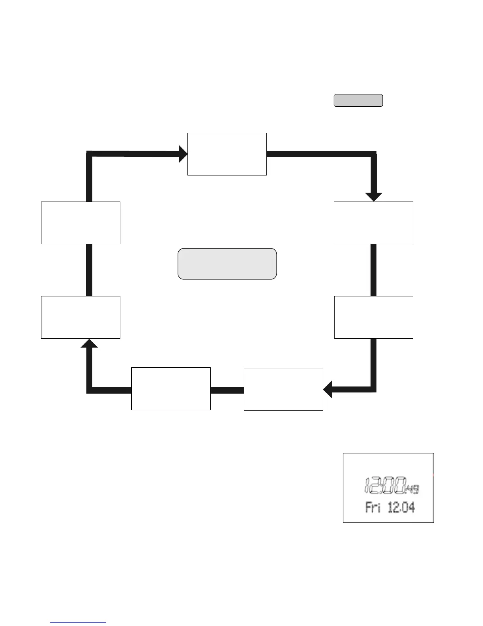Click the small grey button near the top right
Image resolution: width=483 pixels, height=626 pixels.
(x=358, y=100)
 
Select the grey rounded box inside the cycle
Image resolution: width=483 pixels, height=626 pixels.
(x=227, y=264)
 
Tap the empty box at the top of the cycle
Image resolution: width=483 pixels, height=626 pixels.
(x=227, y=154)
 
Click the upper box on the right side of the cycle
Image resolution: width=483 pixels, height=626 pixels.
(x=373, y=223)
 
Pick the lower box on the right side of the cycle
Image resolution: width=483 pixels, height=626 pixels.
(x=373, y=317)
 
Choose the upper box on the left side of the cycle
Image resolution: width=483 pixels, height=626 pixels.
(x=80, y=223)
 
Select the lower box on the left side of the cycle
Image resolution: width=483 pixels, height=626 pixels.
(x=80, y=317)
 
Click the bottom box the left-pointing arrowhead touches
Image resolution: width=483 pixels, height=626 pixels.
(x=283, y=389)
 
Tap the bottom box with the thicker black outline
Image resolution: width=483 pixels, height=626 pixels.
(x=170, y=389)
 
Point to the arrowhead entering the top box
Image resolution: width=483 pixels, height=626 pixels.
(x=183, y=154)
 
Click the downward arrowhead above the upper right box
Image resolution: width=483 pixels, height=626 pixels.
(x=373, y=196)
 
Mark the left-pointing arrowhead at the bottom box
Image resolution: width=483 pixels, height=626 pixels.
(x=328, y=389)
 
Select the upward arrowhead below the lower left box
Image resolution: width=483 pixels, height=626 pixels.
(x=89, y=344)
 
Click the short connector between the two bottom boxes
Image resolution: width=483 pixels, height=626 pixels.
(x=227, y=390)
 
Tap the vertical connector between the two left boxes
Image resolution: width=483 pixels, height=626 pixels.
(x=89, y=270)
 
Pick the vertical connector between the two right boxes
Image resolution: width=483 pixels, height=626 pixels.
(x=373, y=270)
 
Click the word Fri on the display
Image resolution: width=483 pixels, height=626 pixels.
(x=373, y=507)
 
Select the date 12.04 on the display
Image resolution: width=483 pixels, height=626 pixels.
(x=401, y=507)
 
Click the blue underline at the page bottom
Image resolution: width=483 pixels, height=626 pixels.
(x=78, y=623)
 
